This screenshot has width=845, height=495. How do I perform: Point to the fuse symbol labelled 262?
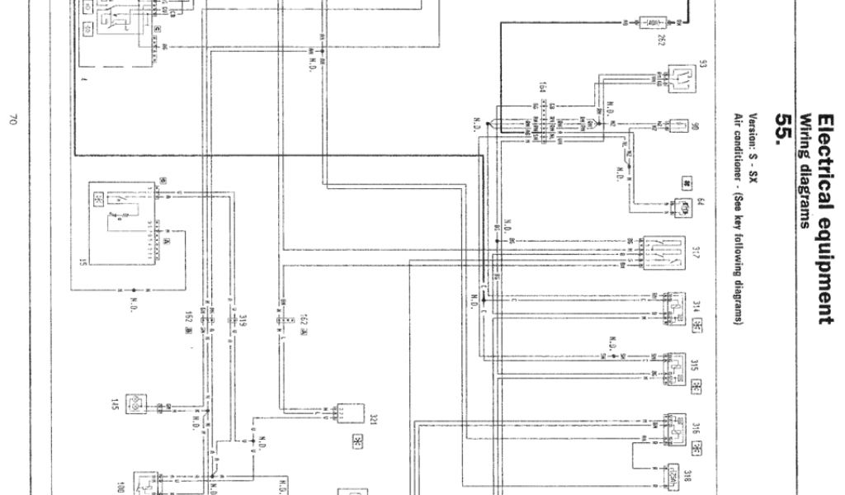point(657,22)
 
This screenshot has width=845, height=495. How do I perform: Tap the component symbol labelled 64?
point(682,208)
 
